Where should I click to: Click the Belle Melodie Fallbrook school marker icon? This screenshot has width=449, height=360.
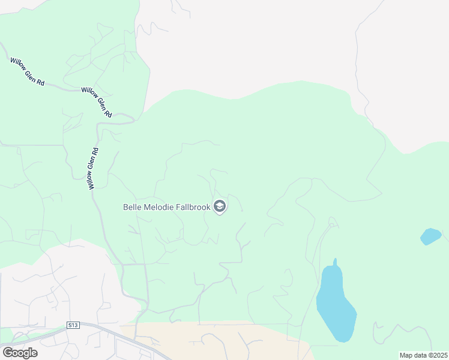click(220, 207)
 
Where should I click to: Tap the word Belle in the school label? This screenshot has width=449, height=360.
click(133, 207)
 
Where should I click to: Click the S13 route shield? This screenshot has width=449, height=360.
click(73, 325)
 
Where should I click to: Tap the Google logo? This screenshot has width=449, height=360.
click(20, 353)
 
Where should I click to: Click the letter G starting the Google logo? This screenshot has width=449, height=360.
click(8, 352)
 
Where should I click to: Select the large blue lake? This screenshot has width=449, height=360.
click(335, 306)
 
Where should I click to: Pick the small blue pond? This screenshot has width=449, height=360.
click(430, 236)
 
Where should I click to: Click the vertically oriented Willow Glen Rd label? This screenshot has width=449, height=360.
click(94, 169)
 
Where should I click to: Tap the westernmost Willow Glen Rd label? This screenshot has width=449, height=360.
click(28, 71)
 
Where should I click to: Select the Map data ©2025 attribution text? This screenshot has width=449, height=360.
click(423, 355)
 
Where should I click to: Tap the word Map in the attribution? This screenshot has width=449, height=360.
click(406, 355)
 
